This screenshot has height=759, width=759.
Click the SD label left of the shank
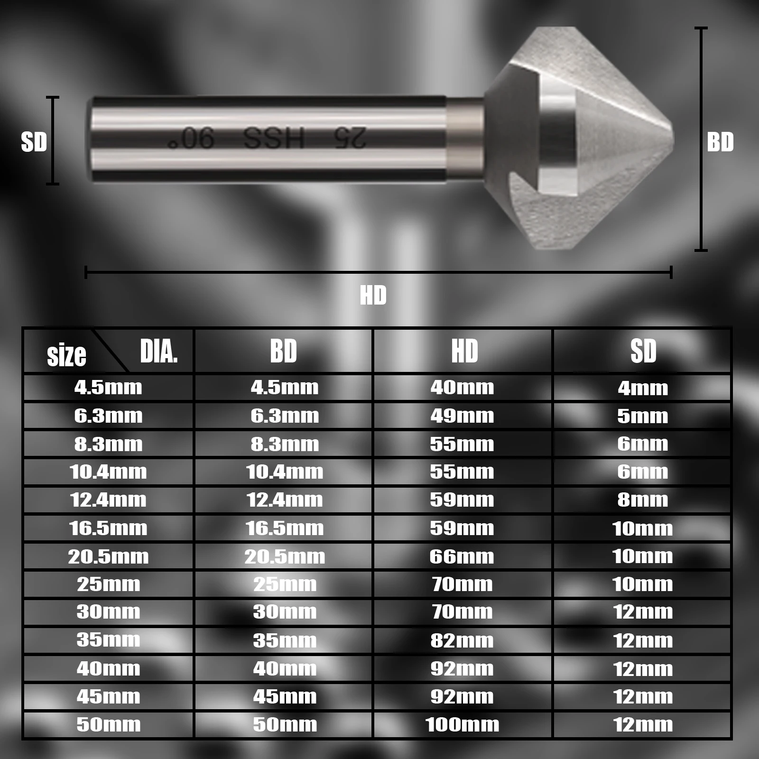click(x=34, y=142)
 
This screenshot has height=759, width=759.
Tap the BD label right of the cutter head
click(x=720, y=142)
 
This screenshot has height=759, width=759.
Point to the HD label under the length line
click(x=373, y=296)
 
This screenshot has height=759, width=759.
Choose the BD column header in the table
click(x=284, y=351)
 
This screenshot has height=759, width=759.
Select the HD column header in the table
click(x=464, y=351)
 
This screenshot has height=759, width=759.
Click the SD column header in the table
click(x=643, y=351)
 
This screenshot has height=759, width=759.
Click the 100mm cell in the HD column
click(x=462, y=725)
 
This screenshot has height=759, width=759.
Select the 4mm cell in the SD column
click(x=642, y=389)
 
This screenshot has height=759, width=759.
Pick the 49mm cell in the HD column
click(x=462, y=416)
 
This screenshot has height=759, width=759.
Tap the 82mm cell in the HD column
click(x=462, y=641)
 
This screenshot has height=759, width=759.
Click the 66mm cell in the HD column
click(x=462, y=556)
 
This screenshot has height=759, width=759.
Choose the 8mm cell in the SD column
click(x=642, y=500)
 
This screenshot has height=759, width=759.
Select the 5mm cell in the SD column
click(x=642, y=416)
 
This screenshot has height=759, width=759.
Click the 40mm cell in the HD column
click(x=462, y=388)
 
